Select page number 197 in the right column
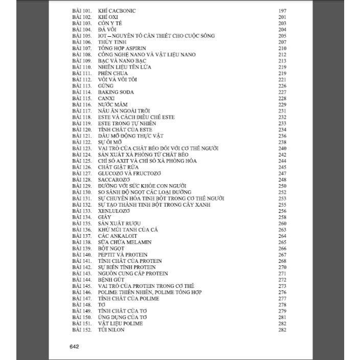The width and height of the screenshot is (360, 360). coord(282,11)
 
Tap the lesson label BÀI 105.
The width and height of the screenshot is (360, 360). coord(82,36)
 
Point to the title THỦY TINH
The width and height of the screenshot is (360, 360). coord(111,42)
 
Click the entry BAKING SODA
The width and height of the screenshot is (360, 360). coord(116,92)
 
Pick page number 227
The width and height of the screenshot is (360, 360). coord(282,92)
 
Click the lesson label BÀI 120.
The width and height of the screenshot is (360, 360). coord(82,130)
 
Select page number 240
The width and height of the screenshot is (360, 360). coord(282,148)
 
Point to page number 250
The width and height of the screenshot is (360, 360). coord(282,186)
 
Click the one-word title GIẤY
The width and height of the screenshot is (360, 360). coord(105,217)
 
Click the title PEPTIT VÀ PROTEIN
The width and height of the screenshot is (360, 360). coord(123,255)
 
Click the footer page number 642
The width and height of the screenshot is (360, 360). coord(74,347)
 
